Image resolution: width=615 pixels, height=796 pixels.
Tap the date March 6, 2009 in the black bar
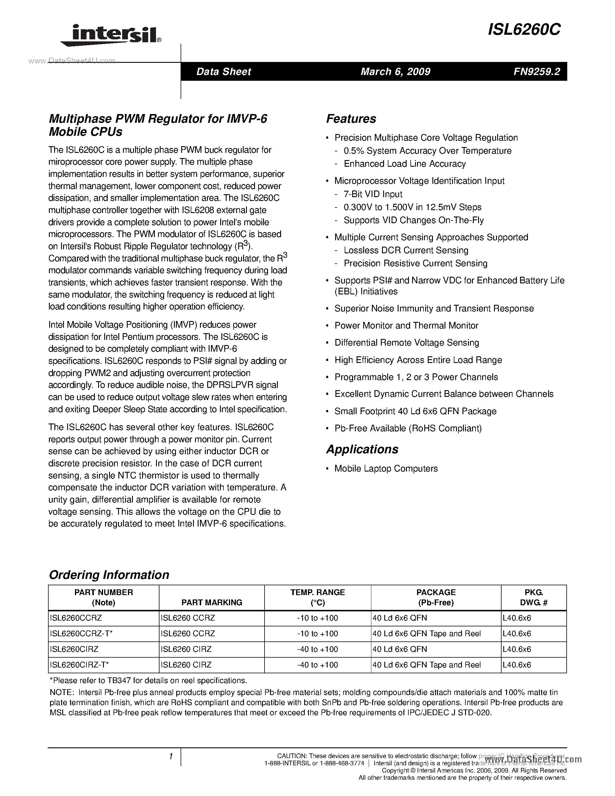395,71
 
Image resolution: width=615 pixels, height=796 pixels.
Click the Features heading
351,119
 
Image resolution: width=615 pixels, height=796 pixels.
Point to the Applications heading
362,449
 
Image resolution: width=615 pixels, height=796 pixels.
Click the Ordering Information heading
109,575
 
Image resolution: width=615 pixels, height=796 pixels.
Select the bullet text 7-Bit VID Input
373,194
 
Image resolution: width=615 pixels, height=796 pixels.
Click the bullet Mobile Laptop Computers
386,468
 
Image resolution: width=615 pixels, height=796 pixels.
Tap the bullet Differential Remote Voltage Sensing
407,343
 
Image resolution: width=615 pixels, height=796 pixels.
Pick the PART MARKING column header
212,602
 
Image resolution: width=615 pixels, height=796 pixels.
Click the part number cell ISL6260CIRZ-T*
79,665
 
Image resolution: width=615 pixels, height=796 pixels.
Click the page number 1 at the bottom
170,757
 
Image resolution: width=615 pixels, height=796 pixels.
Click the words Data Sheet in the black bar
224,71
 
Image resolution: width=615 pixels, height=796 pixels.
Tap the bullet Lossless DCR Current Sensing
406,250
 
